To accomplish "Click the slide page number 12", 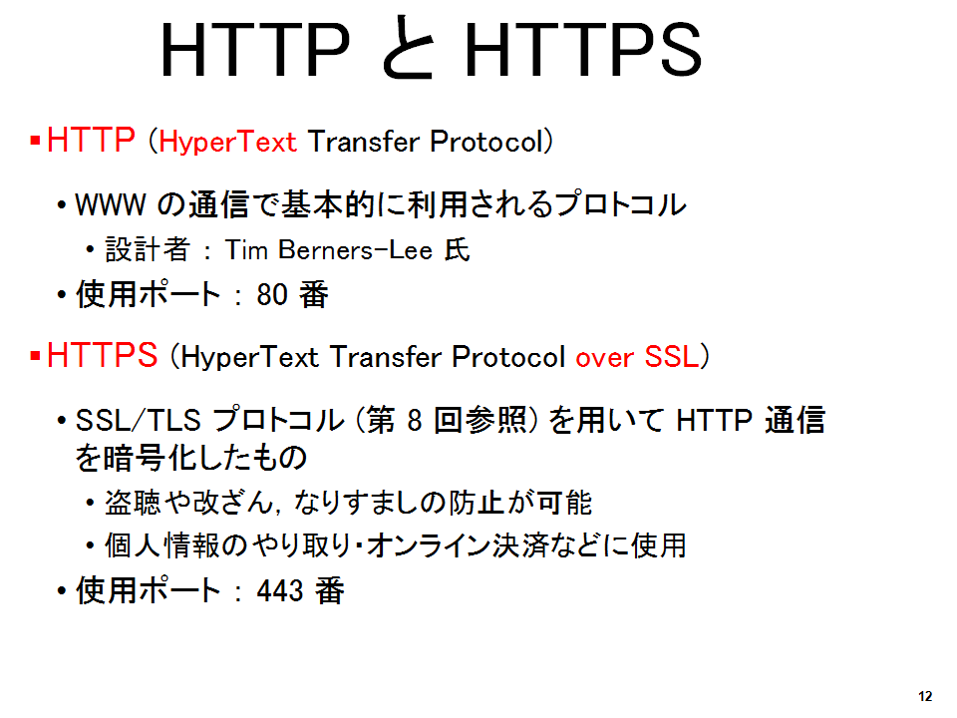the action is point(925,696).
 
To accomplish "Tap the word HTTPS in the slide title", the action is point(583,50).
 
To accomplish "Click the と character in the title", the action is point(409,48).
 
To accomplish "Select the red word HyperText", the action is point(227,142).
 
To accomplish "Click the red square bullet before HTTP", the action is point(36,141).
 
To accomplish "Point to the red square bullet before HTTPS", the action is point(36,356).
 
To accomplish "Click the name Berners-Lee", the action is point(355,249).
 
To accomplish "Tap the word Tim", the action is point(246,249).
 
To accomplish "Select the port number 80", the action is point(272,294).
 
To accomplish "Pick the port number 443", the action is point(280,590).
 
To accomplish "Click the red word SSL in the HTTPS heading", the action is point(672,357).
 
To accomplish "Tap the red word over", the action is point(605,358).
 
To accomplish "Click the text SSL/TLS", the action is point(138,420).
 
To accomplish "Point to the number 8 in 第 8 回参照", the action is point(415,421).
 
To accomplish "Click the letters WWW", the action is point(111,204).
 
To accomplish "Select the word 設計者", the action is point(148,249).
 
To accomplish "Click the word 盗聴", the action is point(133,503).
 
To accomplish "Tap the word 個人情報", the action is point(162,545).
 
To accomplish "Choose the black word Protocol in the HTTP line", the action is point(486,142).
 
